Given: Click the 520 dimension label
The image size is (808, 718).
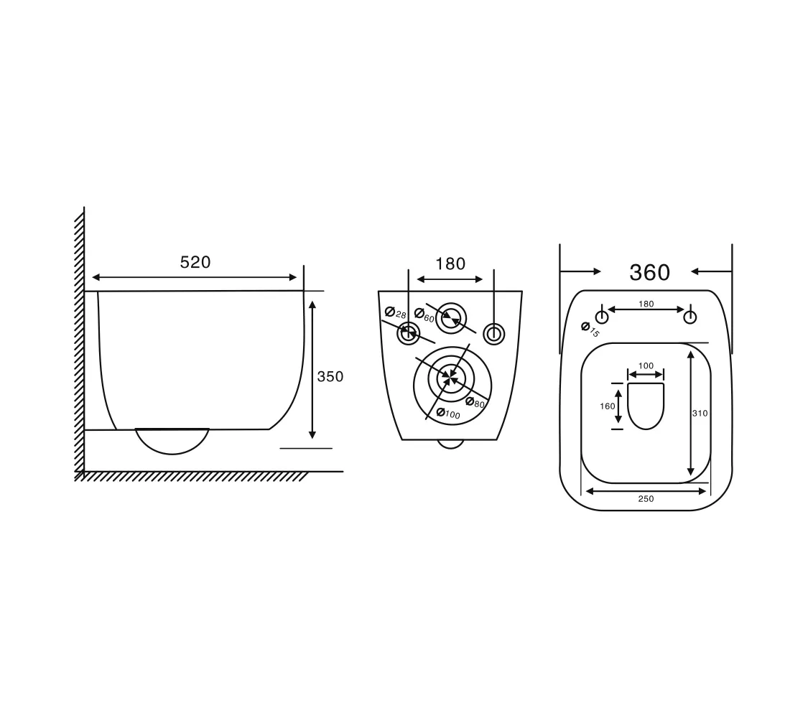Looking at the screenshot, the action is pos(195,262).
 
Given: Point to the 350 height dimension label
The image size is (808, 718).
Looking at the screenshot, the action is pos(330,376).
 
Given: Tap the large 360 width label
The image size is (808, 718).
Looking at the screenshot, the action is pos(649,272).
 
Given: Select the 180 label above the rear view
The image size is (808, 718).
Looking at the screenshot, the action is pos(450,264).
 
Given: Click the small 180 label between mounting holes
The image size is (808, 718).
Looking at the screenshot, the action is pos(646,304).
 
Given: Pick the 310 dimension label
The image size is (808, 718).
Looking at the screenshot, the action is pos(700,413).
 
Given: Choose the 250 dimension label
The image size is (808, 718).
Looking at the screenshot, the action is pos(646,498).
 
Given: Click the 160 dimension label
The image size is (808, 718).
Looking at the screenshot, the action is pos(608,406).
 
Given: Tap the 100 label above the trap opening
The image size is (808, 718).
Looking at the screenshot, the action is pos(646,365).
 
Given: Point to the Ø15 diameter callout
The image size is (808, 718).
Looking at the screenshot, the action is pos(590,330).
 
